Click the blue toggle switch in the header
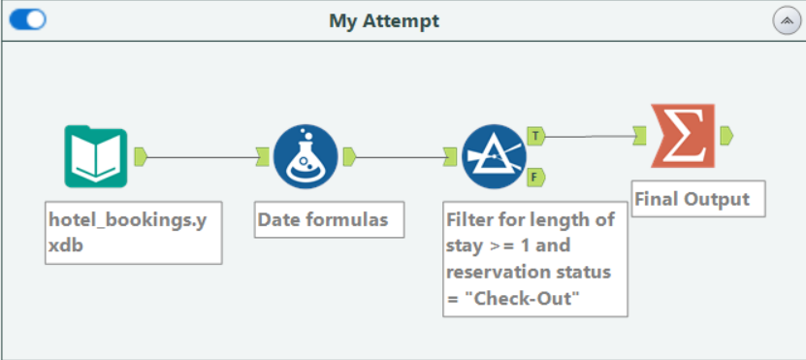click(28, 19)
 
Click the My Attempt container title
click(384, 21)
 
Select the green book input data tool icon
click(96, 156)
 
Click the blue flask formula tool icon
click(306, 156)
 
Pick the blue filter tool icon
click(494, 156)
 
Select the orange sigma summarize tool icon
click(683, 136)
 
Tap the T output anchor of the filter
click(536, 136)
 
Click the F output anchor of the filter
click(536, 178)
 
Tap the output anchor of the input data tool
click(141, 156)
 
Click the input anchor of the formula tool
click(263, 156)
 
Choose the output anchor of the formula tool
click(349, 156)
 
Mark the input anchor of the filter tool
click(450, 156)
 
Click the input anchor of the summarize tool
click(639, 136)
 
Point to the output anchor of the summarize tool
click(726, 136)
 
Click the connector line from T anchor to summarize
click(589, 136)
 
